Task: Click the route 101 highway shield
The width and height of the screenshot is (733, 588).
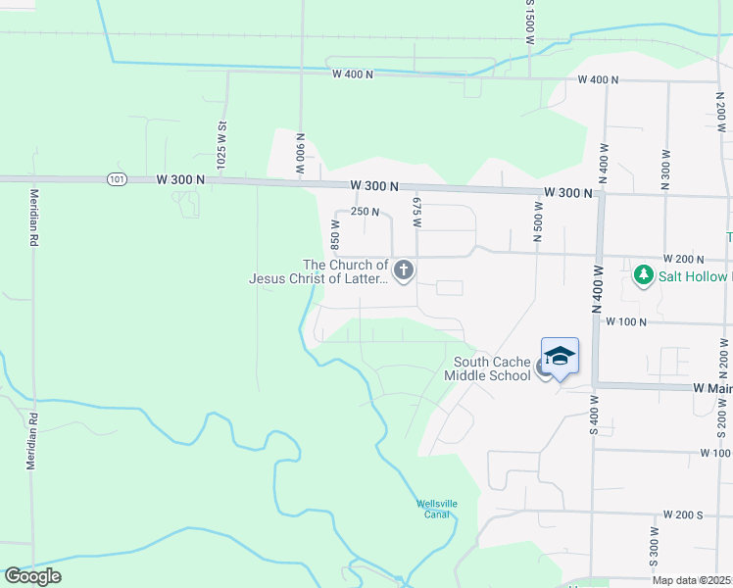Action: point(118,179)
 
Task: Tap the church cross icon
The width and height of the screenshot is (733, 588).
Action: point(403,269)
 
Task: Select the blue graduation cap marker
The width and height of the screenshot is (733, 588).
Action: point(560,356)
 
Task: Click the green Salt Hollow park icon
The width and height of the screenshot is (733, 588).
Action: point(644,275)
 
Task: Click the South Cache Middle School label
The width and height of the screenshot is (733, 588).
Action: point(486,368)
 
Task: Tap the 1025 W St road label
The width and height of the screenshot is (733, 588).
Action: point(222,141)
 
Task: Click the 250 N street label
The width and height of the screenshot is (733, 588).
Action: point(365,212)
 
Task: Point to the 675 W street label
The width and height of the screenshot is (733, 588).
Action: point(416,213)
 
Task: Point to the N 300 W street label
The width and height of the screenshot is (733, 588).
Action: point(665,170)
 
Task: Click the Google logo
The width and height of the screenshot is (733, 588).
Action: point(32,576)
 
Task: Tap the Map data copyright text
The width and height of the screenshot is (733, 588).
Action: point(692,580)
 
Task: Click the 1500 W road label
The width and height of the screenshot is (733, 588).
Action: point(528,24)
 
